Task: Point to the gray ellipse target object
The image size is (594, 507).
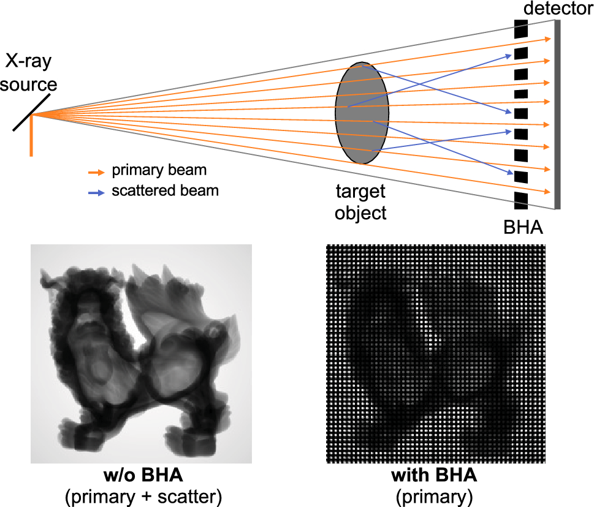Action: point(362,113)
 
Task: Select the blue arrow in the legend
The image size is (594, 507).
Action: point(96,191)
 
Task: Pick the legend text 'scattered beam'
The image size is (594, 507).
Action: point(165,190)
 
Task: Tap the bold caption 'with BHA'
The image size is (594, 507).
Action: point(437,476)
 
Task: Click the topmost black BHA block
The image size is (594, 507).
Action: point(520,29)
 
